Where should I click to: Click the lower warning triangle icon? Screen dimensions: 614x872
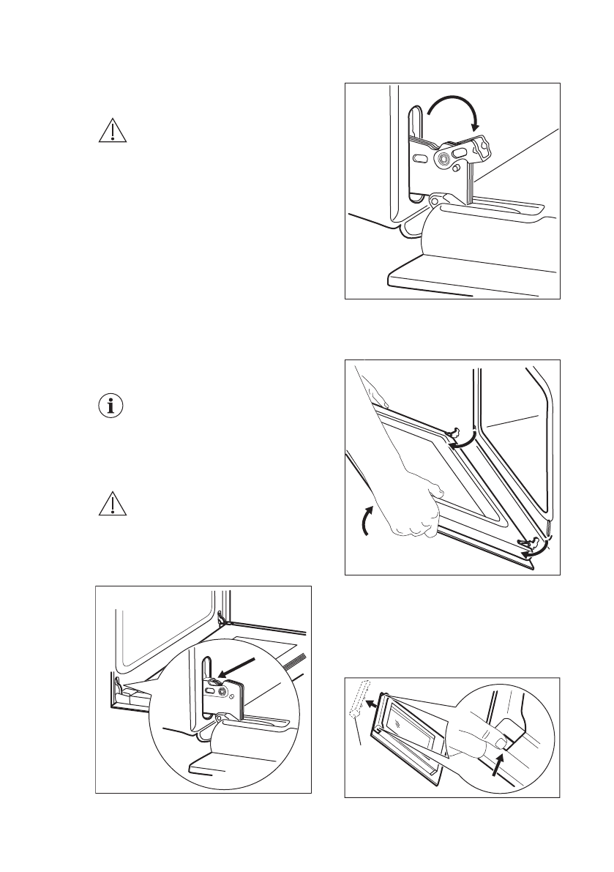[x=111, y=504]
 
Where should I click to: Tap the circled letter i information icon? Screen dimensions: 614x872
[x=111, y=407]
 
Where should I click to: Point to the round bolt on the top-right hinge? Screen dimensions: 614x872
[x=444, y=159]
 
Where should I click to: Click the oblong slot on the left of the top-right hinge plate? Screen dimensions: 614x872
[x=420, y=158]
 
